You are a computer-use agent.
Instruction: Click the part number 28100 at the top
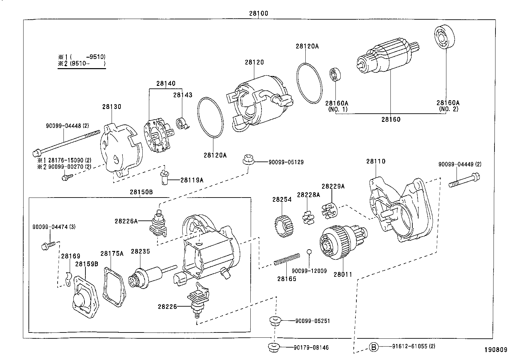pyautogui.click(x=258, y=14)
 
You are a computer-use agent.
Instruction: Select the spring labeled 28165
pyautogui.click(x=287, y=259)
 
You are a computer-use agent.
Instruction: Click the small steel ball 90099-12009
pyautogui.click(x=309, y=252)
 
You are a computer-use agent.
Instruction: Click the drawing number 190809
pyautogui.click(x=496, y=350)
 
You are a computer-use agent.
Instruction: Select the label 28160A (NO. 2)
pyautogui.click(x=448, y=106)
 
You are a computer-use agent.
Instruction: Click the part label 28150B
pyautogui.click(x=141, y=192)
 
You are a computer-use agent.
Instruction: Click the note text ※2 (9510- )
pyautogui.click(x=82, y=63)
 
